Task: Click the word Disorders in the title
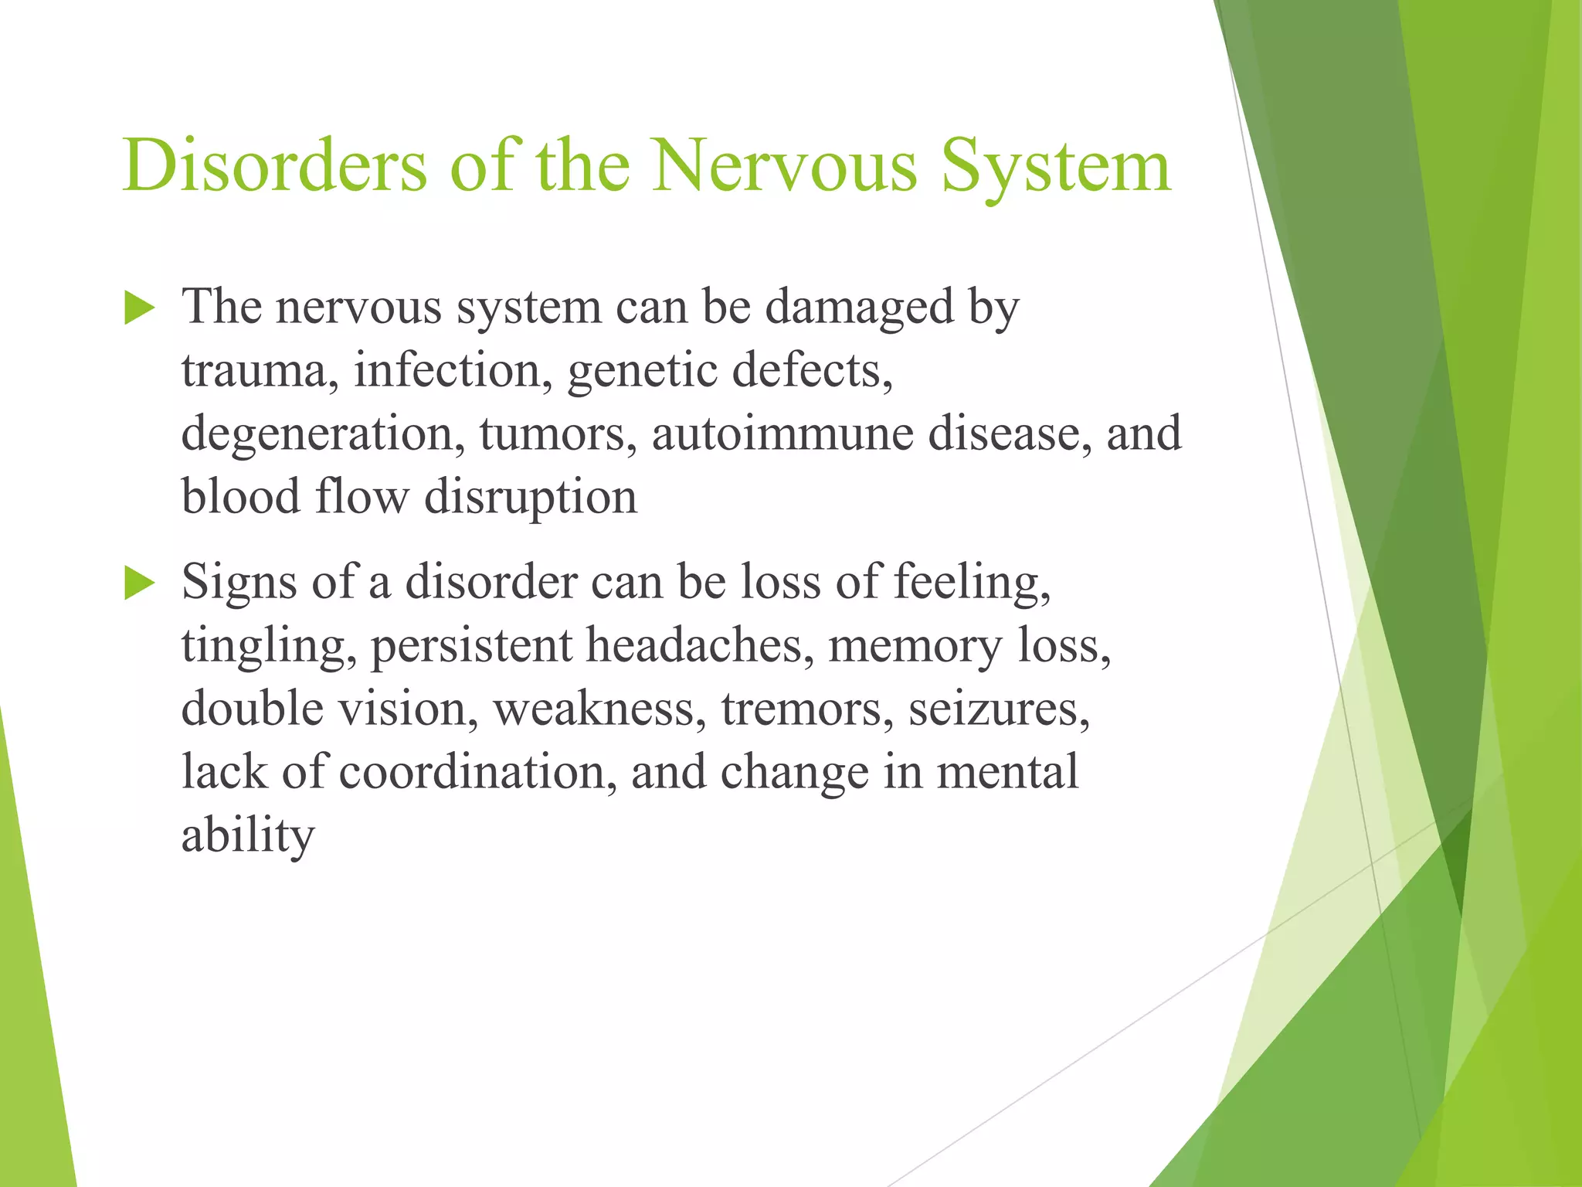coord(274,165)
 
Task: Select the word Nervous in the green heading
coord(784,165)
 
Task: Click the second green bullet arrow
coord(139,583)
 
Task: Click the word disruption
coord(531,498)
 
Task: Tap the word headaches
coord(694,645)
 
